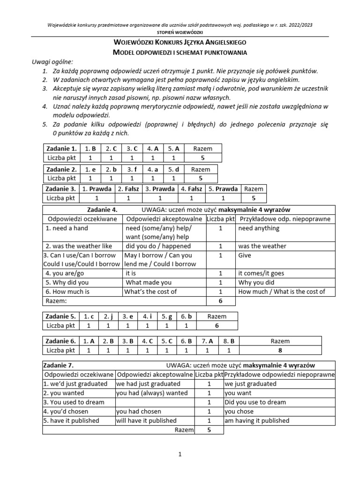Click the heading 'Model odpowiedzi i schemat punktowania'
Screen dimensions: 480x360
tap(180, 52)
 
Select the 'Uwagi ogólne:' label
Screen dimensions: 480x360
tap(52, 62)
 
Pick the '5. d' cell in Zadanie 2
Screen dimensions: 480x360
tap(173, 169)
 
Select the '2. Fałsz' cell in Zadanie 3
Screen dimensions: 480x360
tap(127, 189)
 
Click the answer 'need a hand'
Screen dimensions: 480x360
tap(67, 228)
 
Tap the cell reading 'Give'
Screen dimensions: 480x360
tap(245, 255)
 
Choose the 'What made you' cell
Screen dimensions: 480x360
tap(149, 283)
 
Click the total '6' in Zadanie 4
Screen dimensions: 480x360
tap(220, 300)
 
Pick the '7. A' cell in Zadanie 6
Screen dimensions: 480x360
tap(207, 341)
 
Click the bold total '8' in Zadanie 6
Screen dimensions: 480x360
tap(280, 350)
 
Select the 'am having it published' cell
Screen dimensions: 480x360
tap(257, 420)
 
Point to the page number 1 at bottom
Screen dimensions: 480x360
tap(180, 454)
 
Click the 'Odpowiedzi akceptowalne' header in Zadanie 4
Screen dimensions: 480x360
tap(164, 219)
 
